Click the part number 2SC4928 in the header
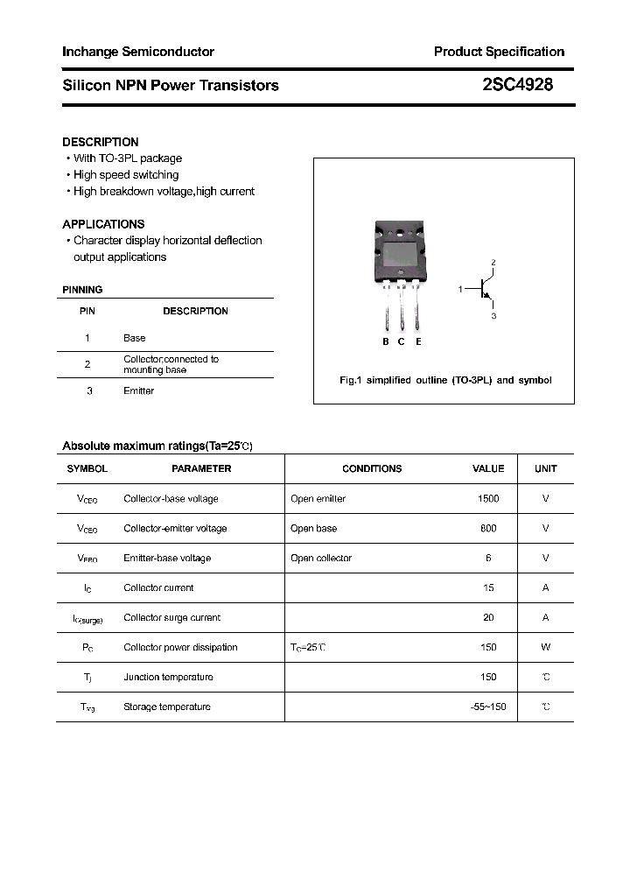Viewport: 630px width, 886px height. pos(517,85)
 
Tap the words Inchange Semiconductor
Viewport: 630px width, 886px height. pos(138,52)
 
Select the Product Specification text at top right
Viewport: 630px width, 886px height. pos(499,52)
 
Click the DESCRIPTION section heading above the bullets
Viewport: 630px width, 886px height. pos(101,142)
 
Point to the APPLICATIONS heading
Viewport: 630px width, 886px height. pos(103,224)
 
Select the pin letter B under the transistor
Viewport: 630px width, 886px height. pos(385,341)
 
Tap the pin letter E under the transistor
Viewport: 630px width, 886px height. pos(418,341)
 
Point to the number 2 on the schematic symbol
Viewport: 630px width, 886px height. pos(493,263)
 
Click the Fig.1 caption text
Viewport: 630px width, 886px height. pos(444,381)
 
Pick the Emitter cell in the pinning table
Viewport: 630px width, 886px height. pos(138,391)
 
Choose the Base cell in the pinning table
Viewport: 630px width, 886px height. pos(135,338)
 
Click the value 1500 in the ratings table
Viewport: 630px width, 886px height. pos(488,499)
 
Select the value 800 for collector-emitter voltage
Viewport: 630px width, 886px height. pos(488,529)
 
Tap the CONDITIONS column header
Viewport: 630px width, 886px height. pos(372,469)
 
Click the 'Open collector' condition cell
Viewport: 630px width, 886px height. pos(321,559)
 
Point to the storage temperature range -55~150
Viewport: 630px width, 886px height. pos(488,707)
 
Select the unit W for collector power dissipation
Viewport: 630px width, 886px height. pos(545,648)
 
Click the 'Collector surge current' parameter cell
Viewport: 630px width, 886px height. pos(172,618)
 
